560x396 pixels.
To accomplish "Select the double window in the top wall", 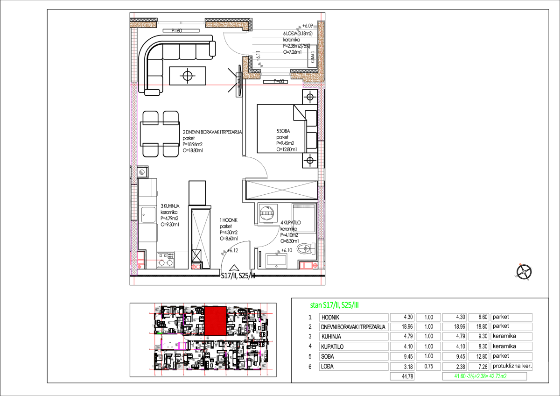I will [x=181, y=22].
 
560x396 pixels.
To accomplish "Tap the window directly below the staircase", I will [x=275, y=74].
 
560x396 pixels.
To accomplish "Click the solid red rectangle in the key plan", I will [x=215, y=321].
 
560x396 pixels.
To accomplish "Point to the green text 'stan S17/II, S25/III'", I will [x=335, y=305].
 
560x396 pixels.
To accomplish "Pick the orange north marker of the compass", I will [x=520, y=264].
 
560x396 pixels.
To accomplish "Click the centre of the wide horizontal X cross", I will [x=282, y=190].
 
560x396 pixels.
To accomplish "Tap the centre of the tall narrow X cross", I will [x=201, y=239].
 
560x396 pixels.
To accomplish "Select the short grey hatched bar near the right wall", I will [x=304, y=206].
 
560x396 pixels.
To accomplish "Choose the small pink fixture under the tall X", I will [x=196, y=266].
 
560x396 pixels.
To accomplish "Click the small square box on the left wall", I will [x=142, y=172].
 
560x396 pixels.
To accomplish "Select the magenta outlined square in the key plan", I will [x=182, y=346].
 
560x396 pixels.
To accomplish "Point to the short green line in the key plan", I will [x=160, y=333].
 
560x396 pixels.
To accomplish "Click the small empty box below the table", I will [x=402, y=376].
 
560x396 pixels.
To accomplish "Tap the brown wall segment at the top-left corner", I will [x=143, y=25].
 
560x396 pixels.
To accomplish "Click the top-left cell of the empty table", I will [x=353, y=318].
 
